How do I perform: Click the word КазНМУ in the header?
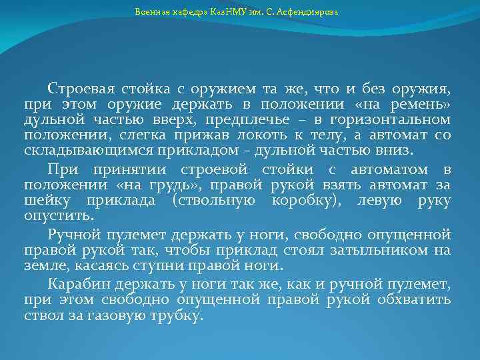point(231,12)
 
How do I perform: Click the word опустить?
point(59,217)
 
